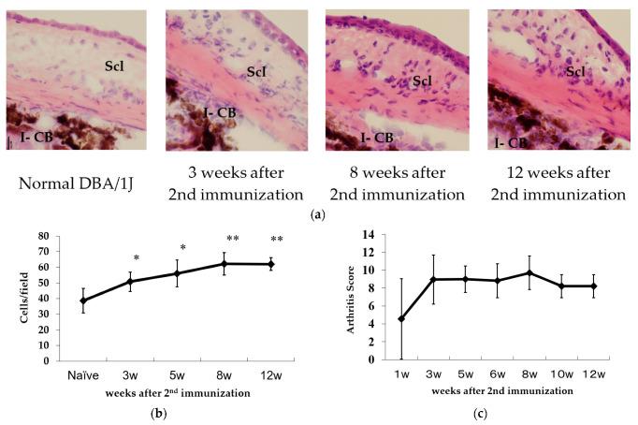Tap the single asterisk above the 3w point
point(137,258)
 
